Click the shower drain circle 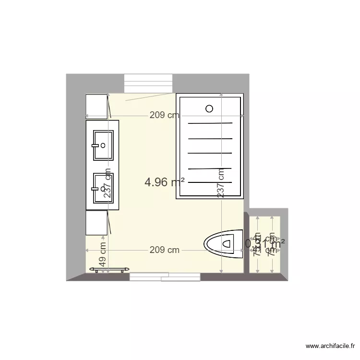[x=209, y=108]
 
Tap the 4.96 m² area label [x=165, y=182]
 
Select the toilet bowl [x=224, y=243]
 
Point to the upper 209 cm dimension [x=164, y=115]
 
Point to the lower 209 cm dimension [x=164, y=250]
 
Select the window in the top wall [x=148, y=84]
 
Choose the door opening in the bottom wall [x=165, y=277]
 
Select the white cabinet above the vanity [x=96, y=106]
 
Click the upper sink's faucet [x=101, y=145]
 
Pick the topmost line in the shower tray [x=210, y=123]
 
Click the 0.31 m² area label [x=265, y=243]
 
